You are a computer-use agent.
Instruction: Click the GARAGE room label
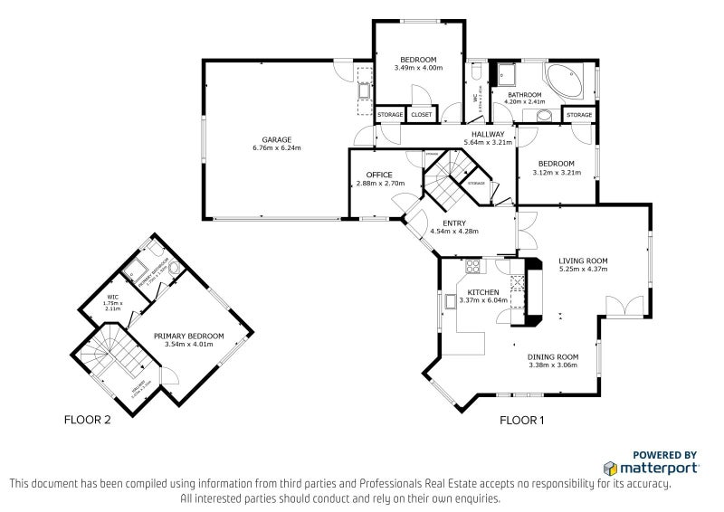tap(277, 139)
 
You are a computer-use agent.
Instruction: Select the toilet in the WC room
tap(476, 72)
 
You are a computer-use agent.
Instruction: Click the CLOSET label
tap(421, 115)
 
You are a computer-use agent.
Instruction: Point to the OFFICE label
tap(377, 174)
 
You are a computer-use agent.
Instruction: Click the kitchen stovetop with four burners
tap(472, 267)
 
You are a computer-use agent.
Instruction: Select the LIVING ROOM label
tap(583, 261)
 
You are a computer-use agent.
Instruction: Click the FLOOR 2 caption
tap(87, 420)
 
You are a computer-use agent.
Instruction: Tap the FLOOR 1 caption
tap(522, 420)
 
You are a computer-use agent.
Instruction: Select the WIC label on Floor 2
tap(112, 296)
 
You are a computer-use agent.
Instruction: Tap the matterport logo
tap(652, 468)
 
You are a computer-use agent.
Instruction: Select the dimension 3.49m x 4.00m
tap(418, 68)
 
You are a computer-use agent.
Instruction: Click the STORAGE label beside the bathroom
tap(579, 115)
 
